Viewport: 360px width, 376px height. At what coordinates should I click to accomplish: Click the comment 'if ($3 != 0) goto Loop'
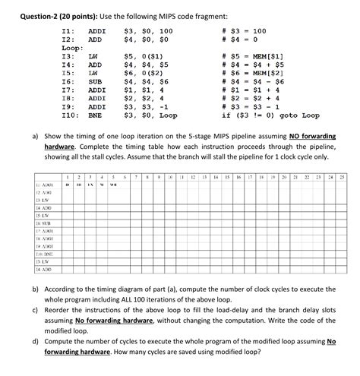270,115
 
